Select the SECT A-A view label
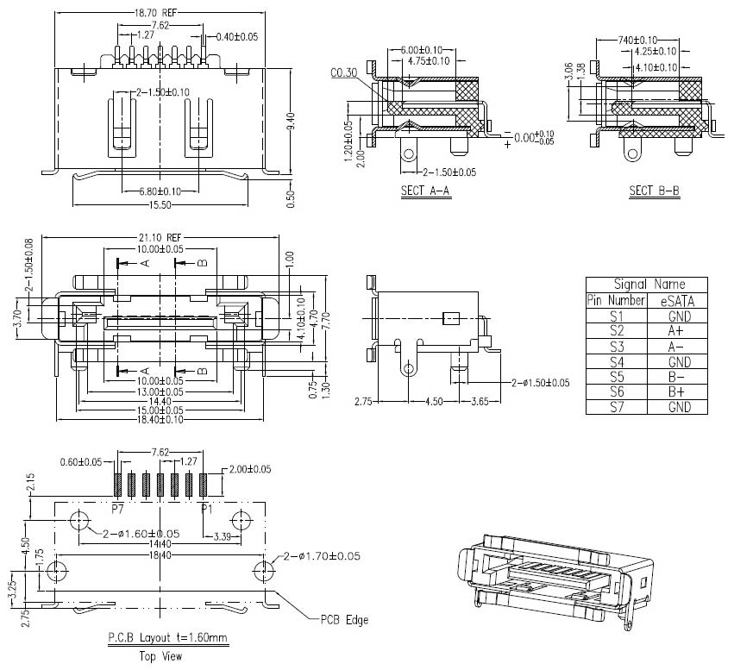423,191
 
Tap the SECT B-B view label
653,191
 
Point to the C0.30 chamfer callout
342,73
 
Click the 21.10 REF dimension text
160,237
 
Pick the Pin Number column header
616,301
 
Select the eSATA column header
677,301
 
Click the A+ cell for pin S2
677,330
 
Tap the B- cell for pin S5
677,377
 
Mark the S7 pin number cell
616,407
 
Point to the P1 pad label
206,509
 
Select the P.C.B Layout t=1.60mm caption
167,639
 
